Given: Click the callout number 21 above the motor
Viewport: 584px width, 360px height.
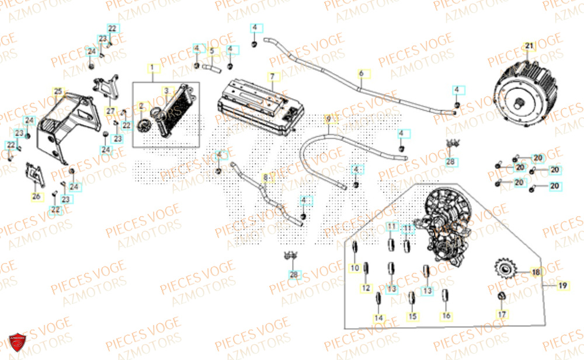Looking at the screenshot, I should tap(529, 46).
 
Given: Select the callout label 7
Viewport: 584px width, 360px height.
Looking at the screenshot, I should tap(271, 77).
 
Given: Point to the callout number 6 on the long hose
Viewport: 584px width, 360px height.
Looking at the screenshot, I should tap(361, 74).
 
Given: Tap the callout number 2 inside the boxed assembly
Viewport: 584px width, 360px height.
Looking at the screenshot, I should tap(141, 105).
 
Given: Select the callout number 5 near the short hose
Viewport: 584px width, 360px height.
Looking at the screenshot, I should tap(212, 51).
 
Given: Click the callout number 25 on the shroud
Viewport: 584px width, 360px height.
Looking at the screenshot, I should tap(57, 91).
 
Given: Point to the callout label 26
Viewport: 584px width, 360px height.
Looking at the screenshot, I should tap(36, 196).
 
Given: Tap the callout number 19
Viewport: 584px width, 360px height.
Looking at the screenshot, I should tap(562, 286).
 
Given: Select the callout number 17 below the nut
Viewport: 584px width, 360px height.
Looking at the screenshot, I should tap(501, 314).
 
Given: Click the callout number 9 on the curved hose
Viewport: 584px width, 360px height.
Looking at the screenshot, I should tap(328, 119).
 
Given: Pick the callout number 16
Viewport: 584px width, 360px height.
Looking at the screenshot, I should tap(446, 316).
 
